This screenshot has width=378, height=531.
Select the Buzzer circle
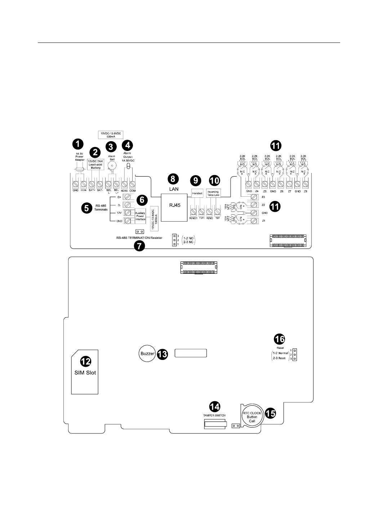click(x=147, y=354)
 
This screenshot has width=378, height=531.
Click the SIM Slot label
click(x=85, y=372)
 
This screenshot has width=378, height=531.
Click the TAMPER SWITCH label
click(x=215, y=415)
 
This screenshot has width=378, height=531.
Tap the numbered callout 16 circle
click(x=280, y=339)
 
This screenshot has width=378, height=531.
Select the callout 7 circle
click(x=139, y=246)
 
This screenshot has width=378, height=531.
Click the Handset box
click(x=198, y=193)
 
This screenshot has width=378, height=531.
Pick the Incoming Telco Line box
click(x=213, y=193)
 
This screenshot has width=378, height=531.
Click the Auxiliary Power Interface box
click(x=140, y=216)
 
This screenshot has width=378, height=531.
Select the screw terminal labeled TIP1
click(x=202, y=212)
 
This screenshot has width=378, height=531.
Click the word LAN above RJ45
click(x=174, y=189)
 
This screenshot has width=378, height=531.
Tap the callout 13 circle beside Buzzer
click(x=162, y=354)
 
